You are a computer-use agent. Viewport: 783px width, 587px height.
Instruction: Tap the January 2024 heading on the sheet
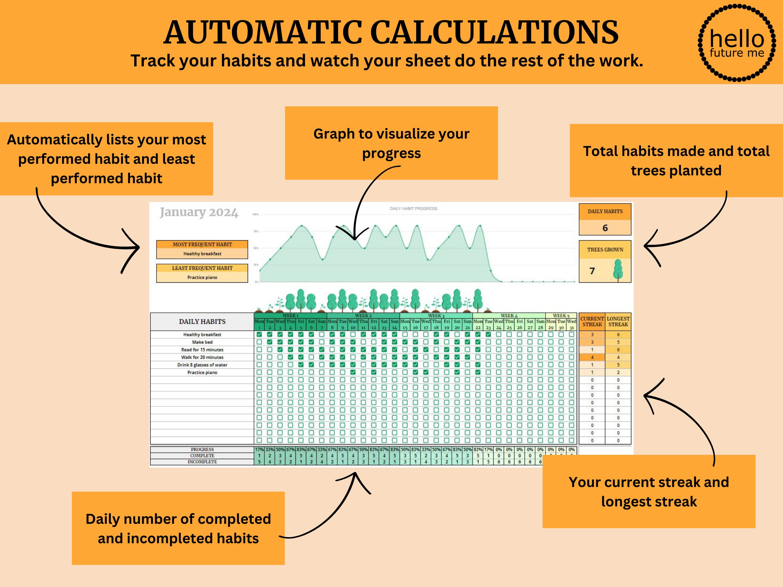(199, 212)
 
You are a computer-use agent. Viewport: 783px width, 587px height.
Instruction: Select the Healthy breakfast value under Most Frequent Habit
(202, 254)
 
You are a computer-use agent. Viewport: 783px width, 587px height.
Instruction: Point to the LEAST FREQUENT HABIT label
(202, 268)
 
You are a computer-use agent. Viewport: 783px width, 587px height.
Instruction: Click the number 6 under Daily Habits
(605, 228)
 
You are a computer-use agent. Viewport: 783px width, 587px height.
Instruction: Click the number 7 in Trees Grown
(592, 271)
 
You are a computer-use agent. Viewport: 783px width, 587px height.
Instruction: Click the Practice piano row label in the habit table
(202, 372)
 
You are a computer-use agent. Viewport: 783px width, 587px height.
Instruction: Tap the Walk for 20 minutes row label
(202, 357)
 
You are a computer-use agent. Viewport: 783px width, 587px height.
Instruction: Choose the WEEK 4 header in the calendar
(509, 316)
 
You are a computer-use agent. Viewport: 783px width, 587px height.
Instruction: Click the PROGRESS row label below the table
(202, 449)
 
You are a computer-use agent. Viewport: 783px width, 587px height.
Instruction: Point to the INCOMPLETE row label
(202, 462)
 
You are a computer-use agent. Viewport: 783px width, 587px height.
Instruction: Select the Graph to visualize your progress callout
(391, 143)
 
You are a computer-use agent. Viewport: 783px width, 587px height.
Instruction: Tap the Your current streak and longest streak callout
(648, 491)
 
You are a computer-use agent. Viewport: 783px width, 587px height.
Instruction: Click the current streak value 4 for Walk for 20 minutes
(592, 357)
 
